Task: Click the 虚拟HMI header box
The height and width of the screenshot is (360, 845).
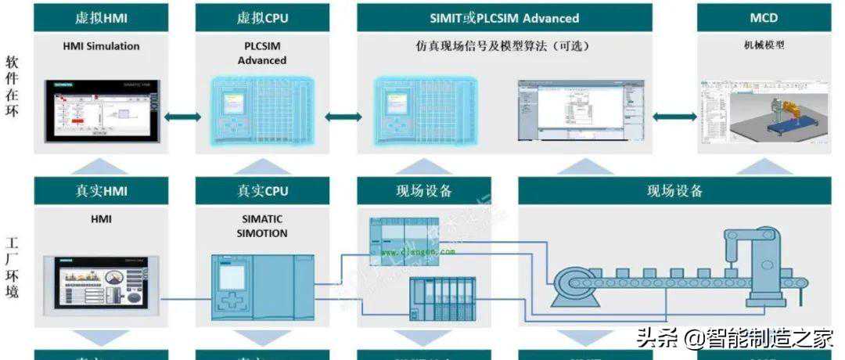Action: coord(101,17)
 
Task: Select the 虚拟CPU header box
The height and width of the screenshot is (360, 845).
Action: coord(262,17)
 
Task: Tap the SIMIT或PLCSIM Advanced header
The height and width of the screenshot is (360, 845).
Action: coord(505,17)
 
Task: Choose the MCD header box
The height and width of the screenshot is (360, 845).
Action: coord(764,17)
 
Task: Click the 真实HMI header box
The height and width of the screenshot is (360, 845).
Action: coord(101,191)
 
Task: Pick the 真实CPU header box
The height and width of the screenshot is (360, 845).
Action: coord(262,191)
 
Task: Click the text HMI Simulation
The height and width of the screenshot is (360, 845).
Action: coord(101,46)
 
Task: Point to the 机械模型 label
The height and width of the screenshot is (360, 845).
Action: coord(764,45)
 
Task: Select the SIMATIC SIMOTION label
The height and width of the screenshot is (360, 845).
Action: coord(262,226)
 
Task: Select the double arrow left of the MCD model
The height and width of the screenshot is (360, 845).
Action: coord(674,117)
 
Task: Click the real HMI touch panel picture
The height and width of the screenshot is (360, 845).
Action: coord(101,285)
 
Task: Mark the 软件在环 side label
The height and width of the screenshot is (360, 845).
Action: coord(12,86)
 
